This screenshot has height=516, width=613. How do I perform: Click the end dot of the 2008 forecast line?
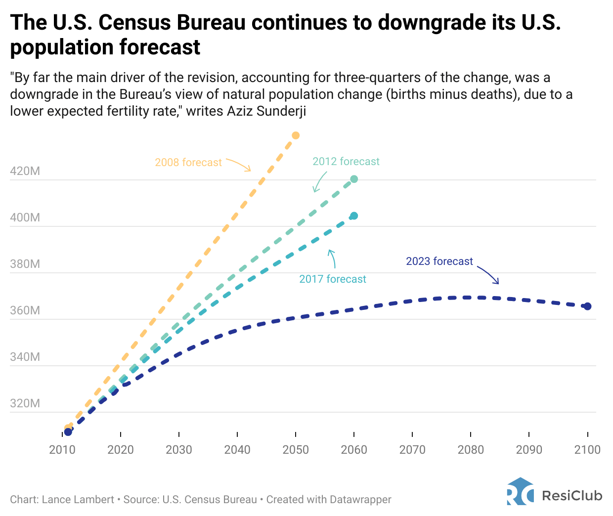(x=296, y=135)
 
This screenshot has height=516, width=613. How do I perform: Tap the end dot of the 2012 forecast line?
(x=354, y=179)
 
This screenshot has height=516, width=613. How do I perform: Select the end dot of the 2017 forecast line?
(x=354, y=216)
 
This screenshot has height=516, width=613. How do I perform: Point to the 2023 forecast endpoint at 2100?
(x=587, y=306)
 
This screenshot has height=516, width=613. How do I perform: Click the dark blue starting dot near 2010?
(x=68, y=432)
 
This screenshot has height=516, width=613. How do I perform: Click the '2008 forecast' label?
(x=188, y=163)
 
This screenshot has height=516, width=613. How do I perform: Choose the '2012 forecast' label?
(x=346, y=162)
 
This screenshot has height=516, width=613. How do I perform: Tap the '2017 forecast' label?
(x=333, y=279)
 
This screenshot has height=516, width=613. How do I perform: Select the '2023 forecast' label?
(x=439, y=261)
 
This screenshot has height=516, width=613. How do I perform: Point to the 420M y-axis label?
(x=25, y=172)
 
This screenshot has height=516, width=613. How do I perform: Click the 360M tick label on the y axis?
(x=25, y=311)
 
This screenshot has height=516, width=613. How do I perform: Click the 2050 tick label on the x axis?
(x=296, y=450)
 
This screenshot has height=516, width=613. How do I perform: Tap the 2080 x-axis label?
(x=471, y=450)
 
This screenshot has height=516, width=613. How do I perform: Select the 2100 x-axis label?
(x=587, y=450)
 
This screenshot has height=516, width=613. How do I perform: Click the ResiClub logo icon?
(x=520, y=491)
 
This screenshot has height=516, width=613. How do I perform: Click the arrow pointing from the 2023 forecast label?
(x=488, y=274)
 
